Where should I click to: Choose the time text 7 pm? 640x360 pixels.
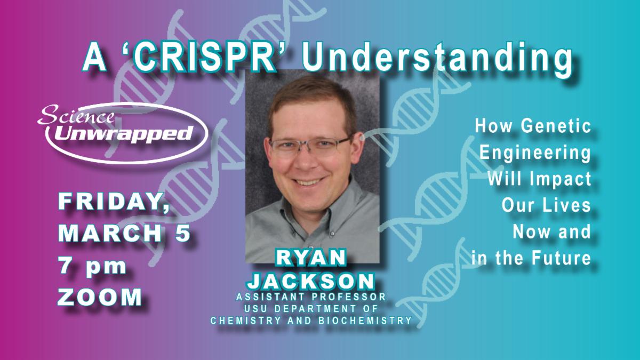(92, 266)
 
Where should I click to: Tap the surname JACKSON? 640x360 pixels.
(311, 281)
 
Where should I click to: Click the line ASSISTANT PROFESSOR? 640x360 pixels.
(311, 297)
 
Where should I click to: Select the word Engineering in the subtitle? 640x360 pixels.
(535, 153)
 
